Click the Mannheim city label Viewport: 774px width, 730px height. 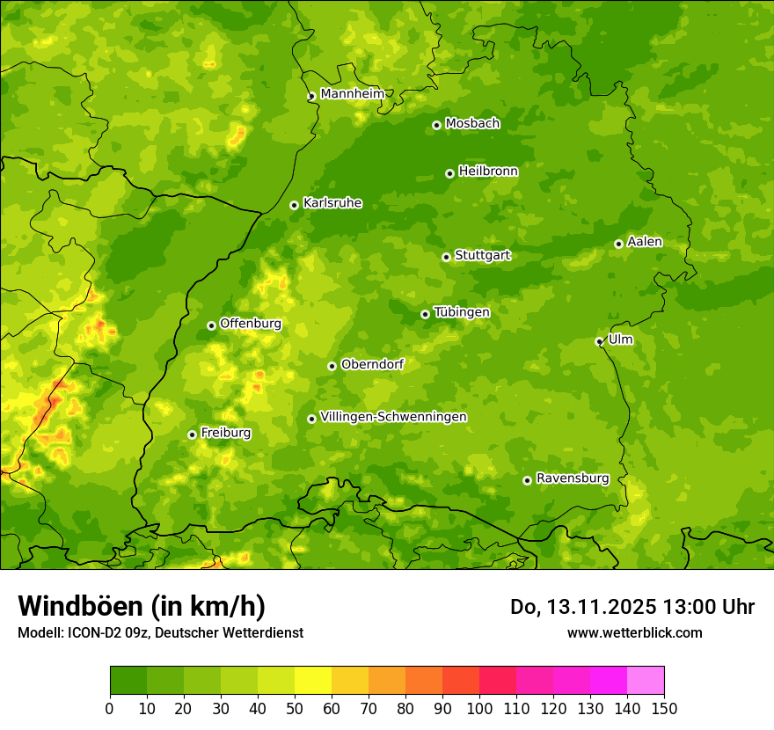point(352,94)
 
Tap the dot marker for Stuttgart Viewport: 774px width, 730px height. point(446,257)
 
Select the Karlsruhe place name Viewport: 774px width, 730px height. point(332,203)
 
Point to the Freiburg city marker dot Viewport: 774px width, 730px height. point(192,434)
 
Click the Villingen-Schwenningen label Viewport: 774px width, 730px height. point(393,417)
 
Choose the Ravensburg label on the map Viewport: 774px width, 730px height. point(573,478)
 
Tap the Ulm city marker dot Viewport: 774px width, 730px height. point(599,341)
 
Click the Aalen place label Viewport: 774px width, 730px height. point(645,242)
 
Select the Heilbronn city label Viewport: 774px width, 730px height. point(488,172)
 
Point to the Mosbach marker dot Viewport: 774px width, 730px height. point(436,125)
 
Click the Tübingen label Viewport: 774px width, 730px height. point(462,312)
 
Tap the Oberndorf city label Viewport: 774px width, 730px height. point(372,364)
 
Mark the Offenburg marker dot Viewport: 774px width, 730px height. point(211,325)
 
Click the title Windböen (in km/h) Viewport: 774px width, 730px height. point(142,606)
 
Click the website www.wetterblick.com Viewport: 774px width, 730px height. point(634,632)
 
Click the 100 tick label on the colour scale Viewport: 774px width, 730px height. point(478,709)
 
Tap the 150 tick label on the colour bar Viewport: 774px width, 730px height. point(663,709)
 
